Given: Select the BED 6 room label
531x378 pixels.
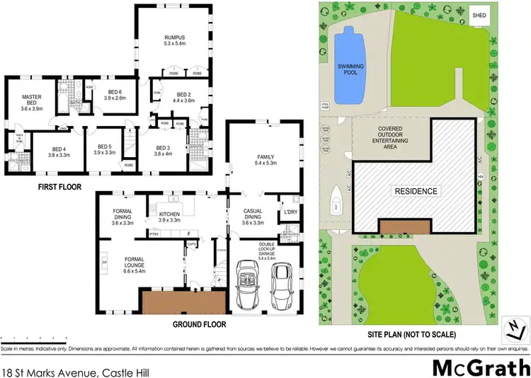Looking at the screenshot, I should [115, 92].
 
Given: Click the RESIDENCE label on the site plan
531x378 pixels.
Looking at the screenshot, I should [416, 190].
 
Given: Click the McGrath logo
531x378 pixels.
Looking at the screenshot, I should [480, 367].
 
